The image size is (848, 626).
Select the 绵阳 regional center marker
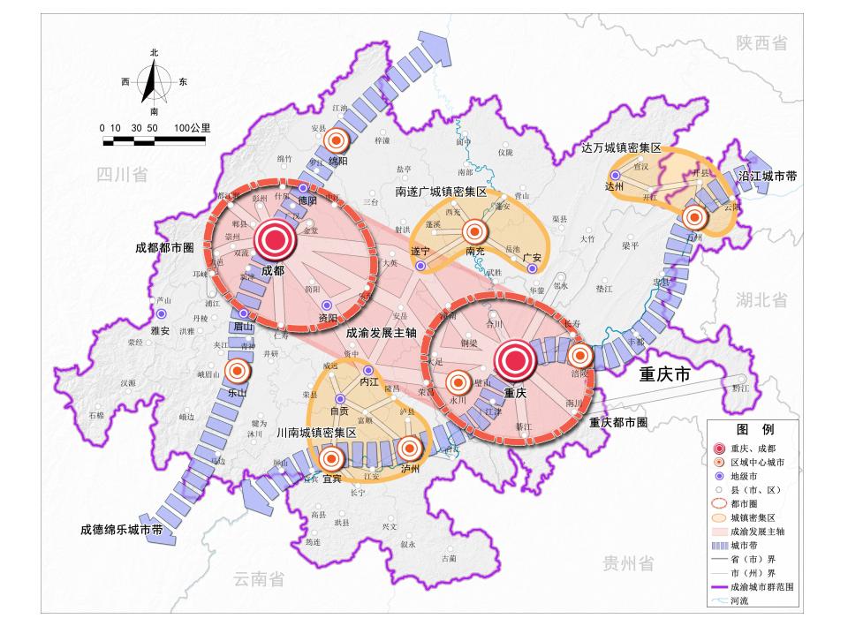pos(336,140)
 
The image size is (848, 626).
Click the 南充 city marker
pos(474,231)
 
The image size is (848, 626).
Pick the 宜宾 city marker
pos(331,458)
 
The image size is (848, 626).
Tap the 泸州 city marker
pos(409,449)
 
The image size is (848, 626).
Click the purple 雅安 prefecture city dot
pos(161,314)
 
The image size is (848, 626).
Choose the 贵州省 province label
pos(629,563)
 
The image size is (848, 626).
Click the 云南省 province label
pos(259,579)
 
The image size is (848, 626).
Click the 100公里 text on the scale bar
pos(192,128)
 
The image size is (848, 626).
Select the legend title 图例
pos(755,429)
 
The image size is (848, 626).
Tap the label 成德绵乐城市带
pos(121,531)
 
